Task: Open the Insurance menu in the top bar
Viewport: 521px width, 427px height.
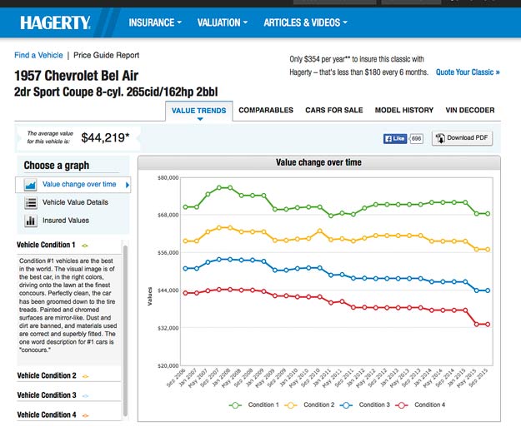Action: [x=154, y=22]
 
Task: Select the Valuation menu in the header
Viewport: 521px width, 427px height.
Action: [x=223, y=22]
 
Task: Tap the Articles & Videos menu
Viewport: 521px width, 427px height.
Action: [x=305, y=22]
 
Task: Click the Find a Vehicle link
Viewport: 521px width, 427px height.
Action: [x=38, y=55]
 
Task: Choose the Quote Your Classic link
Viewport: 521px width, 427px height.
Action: [x=468, y=72]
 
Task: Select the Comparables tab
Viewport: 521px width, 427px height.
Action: [x=266, y=110]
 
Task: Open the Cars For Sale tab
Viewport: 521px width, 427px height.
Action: [x=333, y=110]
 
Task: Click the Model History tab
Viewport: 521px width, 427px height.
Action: [x=404, y=110]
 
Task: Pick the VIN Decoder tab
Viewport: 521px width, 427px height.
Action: [x=470, y=110]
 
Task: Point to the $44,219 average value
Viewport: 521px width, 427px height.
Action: [x=105, y=137]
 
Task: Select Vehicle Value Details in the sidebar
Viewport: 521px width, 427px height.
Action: [x=75, y=202]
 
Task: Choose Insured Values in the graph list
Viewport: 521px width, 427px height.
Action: [x=66, y=221]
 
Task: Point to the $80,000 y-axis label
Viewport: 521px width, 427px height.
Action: [x=168, y=177]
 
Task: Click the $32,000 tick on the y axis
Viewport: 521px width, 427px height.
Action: [x=168, y=328]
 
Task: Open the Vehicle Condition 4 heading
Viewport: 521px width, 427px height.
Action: [x=47, y=415]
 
